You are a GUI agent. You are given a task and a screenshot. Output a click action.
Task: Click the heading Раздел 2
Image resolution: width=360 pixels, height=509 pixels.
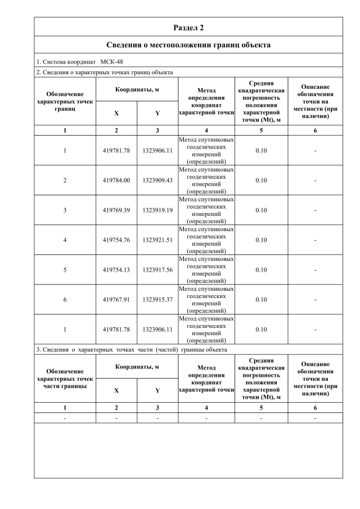pos(188,27)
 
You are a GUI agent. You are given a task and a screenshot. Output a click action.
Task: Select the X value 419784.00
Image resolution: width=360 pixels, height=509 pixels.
pos(116,180)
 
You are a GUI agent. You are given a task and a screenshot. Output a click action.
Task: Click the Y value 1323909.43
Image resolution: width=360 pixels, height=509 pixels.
pos(157,180)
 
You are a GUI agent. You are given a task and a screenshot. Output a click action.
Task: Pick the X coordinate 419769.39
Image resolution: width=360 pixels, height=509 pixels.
pos(116,210)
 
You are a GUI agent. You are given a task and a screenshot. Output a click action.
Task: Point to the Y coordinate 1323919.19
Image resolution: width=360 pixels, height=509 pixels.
pos(157,210)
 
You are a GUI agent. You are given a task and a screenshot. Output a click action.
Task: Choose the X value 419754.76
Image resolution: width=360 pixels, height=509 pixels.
pos(116,240)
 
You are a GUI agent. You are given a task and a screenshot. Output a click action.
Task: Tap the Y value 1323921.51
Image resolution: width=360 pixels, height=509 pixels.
pos(157,240)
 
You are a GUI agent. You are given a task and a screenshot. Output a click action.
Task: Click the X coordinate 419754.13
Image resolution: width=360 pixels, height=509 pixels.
pos(116,269)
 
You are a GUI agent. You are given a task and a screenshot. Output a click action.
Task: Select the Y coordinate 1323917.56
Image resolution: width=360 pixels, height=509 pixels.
pos(157,269)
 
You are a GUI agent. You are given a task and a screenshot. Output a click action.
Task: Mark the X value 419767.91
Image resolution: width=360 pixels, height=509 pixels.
pos(116,299)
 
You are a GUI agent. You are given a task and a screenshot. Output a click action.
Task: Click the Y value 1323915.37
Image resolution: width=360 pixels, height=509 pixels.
pos(157,299)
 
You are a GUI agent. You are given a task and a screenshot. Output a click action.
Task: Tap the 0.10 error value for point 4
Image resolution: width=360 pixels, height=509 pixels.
pos(261,240)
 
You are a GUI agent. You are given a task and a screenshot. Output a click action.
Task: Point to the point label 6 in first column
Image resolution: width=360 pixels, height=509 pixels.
pos(65,299)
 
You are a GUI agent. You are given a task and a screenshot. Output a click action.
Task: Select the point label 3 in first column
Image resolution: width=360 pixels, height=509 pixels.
pos(65,210)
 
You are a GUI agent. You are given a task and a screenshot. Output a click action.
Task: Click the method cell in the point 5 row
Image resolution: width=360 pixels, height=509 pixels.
pos(206,269)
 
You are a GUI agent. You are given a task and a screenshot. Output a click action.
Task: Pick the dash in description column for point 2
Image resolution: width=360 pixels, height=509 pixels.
pos(315,180)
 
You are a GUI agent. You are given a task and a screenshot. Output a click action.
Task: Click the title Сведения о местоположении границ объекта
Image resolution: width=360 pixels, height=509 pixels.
pos(188,44)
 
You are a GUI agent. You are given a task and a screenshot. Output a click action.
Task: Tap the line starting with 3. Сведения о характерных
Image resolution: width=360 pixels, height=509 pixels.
pos(132,349)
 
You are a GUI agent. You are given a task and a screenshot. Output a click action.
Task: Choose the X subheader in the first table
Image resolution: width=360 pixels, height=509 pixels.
pos(116,113)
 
